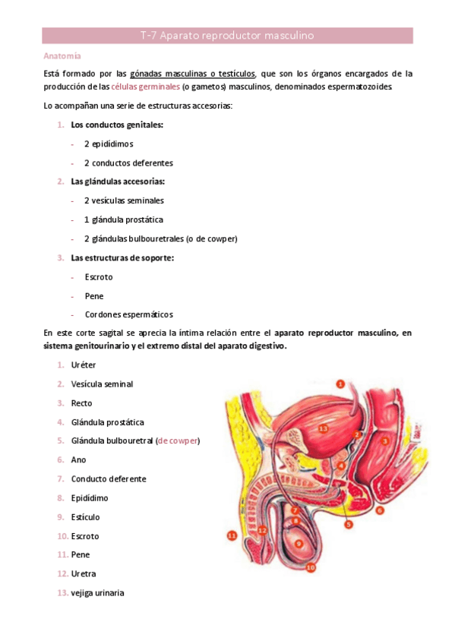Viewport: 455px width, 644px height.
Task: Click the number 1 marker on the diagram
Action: point(340,384)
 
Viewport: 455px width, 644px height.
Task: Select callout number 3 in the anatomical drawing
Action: point(385,440)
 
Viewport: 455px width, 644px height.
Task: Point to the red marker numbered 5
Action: point(349,524)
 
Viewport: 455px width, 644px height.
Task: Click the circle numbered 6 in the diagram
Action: point(380,510)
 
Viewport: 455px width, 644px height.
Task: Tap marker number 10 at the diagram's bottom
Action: point(311,566)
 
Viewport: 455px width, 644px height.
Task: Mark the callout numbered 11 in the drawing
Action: point(232,535)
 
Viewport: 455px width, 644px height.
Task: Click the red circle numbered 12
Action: point(262,529)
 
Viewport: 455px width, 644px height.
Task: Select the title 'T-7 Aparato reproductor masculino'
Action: point(227,36)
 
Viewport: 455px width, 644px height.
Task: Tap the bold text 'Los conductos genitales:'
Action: point(117,125)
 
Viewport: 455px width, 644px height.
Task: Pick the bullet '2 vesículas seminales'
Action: point(124,200)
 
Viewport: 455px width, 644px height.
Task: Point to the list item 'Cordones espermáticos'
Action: point(128,314)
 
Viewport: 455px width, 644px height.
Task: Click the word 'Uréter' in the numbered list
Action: point(84,365)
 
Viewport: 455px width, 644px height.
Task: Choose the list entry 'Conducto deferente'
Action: point(109,479)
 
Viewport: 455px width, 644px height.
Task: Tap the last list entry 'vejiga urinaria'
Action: point(97,593)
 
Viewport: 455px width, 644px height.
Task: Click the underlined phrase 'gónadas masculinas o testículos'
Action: point(193,74)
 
